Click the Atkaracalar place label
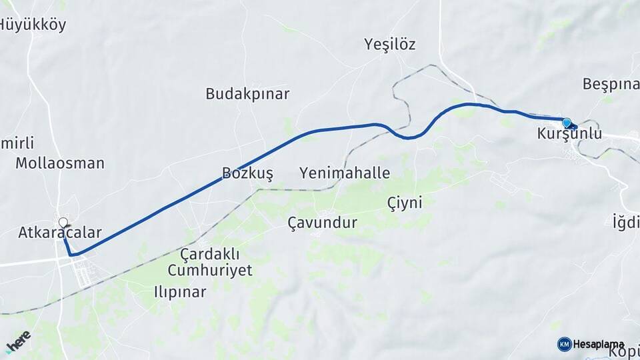click(60, 233)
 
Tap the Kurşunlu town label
click(569, 134)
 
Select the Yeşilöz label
click(390, 45)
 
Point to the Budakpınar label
click(247, 94)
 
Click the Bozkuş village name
click(247, 174)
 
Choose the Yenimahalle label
click(345, 174)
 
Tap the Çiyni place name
click(405, 203)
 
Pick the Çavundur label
click(322, 223)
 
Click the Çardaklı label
click(210, 254)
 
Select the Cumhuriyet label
click(210, 270)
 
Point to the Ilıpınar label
click(180, 292)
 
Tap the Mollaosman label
click(60, 163)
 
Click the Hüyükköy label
click(32, 25)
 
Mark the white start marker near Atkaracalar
click(63, 222)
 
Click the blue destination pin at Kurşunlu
click(567, 123)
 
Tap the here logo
click(18, 341)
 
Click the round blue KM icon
click(564, 344)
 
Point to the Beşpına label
click(610, 85)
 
